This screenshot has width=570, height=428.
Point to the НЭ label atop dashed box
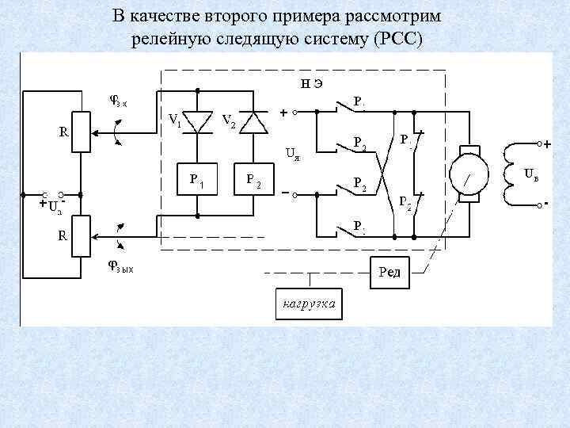(310, 82)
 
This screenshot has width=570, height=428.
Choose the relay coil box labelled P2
(255, 180)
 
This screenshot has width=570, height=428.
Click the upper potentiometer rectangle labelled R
(81, 132)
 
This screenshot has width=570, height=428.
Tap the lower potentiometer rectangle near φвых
(81, 235)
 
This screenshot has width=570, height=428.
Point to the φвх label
(122, 100)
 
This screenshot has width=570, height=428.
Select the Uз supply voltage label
(53, 208)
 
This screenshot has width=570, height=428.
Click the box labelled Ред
(389, 273)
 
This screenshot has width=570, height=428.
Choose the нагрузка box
(310, 303)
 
